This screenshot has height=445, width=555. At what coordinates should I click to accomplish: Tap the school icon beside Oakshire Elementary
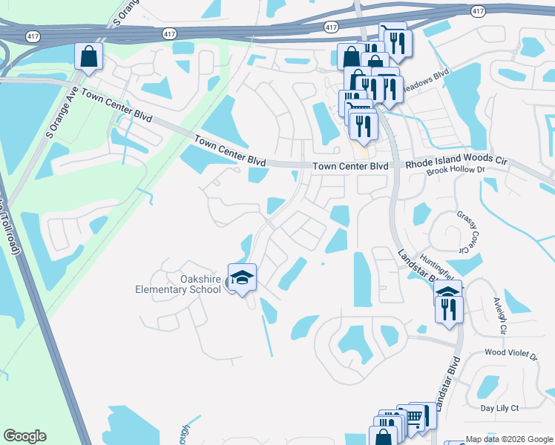point(242,279)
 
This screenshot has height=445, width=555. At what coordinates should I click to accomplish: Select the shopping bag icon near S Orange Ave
point(88,56)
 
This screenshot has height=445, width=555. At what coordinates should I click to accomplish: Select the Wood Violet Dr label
point(510,356)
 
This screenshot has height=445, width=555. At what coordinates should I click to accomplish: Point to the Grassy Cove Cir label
point(467,231)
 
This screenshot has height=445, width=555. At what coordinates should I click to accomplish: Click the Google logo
point(24,436)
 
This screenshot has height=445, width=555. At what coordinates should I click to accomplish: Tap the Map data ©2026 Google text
point(508,439)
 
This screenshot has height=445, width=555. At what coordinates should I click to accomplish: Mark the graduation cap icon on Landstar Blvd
point(447,294)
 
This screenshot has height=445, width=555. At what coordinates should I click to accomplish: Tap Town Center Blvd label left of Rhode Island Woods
point(351,167)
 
